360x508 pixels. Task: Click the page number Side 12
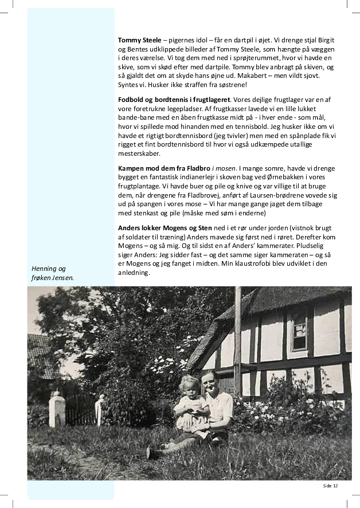[x=330, y=486]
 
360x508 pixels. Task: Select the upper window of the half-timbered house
[x=300, y=331]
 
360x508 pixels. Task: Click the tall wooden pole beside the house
[x=237, y=338]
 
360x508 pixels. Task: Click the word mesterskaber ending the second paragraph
[x=139, y=153]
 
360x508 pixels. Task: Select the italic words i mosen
[x=222, y=168]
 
